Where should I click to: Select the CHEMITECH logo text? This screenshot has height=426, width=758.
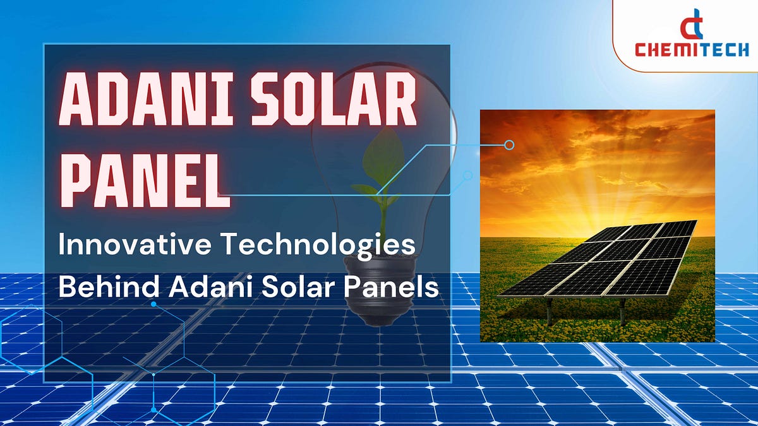[691, 49]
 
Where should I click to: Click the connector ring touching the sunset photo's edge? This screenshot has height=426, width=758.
[509, 145]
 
